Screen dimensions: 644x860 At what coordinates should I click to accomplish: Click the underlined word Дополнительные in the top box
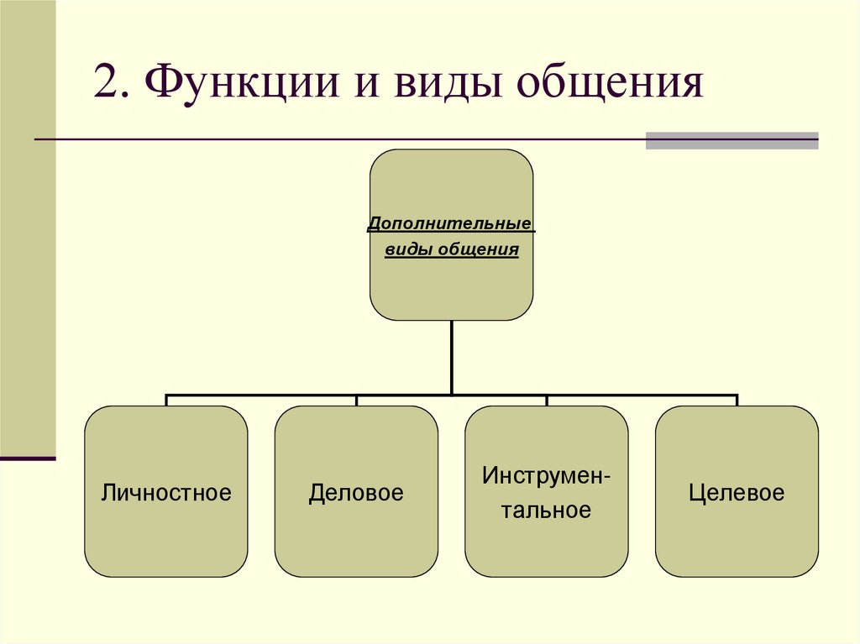point(452,226)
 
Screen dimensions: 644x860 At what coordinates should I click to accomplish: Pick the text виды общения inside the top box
point(452,250)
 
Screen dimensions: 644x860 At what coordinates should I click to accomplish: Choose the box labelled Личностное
point(165,537)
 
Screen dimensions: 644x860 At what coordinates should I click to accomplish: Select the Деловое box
point(356,537)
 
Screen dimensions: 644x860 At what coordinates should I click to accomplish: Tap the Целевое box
point(737,537)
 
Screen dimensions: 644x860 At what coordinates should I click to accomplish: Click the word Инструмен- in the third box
point(546,476)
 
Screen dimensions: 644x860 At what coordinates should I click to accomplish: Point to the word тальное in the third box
point(546,510)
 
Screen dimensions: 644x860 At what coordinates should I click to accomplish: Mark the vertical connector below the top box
point(452,357)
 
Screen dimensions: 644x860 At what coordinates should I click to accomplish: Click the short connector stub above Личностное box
point(166,401)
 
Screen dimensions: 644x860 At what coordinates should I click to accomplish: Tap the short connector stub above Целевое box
point(737,401)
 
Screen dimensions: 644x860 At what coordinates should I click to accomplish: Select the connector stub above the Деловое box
point(356,401)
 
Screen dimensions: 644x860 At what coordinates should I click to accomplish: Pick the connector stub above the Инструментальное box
point(547,401)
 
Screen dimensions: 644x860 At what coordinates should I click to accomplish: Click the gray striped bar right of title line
point(732,140)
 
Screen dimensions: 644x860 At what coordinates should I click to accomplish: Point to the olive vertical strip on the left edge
point(28,227)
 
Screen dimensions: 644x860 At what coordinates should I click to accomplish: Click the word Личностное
point(165,492)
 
